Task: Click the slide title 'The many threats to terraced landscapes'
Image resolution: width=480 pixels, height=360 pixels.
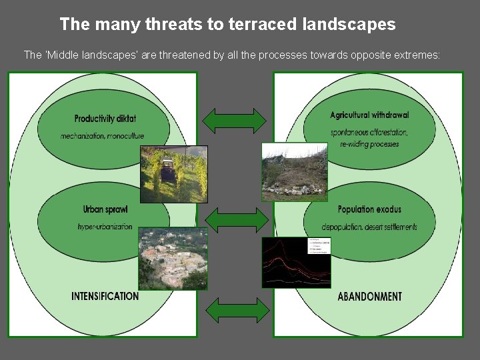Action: [227, 25]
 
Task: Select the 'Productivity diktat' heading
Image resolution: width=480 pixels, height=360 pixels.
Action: [105, 119]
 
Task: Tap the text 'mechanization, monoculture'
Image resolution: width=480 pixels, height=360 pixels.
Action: [102, 136]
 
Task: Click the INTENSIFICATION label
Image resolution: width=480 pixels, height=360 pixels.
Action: [105, 296]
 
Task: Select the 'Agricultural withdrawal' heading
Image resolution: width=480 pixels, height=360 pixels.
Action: [369, 115]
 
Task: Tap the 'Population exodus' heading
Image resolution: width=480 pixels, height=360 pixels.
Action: [369, 209]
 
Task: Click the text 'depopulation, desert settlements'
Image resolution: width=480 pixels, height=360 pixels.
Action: [369, 227]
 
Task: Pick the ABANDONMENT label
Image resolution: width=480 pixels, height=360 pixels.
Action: [370, 296]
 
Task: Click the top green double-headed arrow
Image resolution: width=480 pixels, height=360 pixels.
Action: [234, 120]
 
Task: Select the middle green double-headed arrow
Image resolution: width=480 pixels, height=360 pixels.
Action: [234, 219]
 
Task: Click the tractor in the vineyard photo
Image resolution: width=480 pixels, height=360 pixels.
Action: [167, 171]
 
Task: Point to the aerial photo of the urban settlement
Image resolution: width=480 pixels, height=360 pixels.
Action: [173, 259]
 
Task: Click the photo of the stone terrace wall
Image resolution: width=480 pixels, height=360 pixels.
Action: [294, 172]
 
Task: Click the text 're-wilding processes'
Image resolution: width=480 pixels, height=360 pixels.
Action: [369, 144]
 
